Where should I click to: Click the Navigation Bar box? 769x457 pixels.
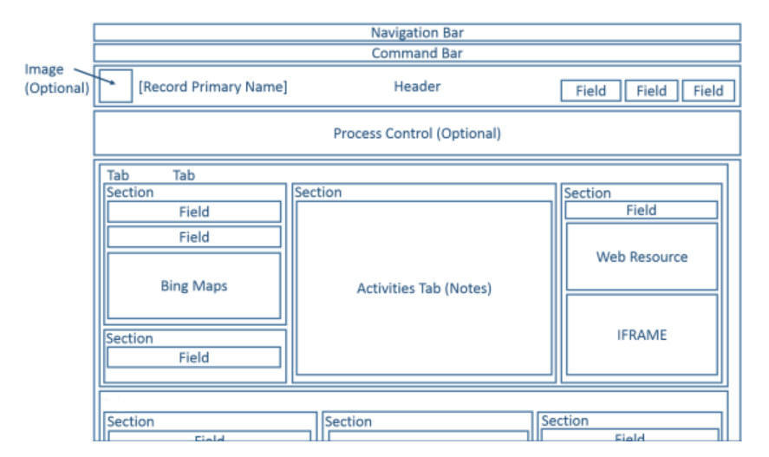click(x=417, y=33)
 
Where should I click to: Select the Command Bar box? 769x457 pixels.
click(x=417, y=54)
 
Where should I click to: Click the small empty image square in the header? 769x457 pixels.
click(x=115, y=87)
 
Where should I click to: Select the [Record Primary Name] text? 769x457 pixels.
click(x=213, y=88)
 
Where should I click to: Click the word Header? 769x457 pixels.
click(x=417, y=87)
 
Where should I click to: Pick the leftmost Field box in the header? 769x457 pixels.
click(x=590, y=91)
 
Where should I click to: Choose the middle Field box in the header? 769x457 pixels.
click(x=651, y=91)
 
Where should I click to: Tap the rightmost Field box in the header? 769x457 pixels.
click(x=708, y=91)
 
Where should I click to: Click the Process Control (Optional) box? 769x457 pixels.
click(x=417, y=134)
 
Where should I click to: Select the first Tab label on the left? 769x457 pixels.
click(x=118, y=175)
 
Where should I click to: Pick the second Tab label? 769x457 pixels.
click(x=184, y=175)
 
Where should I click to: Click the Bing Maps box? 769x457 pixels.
click(x=194, y=286)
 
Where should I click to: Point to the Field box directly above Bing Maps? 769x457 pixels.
click(x=194, y=237)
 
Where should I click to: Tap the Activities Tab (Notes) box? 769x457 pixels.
click(x=424, y=289)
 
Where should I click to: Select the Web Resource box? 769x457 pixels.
click(x=642, y=257)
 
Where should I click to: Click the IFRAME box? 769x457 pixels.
click(x=642, y=335)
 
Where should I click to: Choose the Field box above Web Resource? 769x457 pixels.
click(x=642, y=210)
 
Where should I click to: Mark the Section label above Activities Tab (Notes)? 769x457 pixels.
click(x=319, y=193)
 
